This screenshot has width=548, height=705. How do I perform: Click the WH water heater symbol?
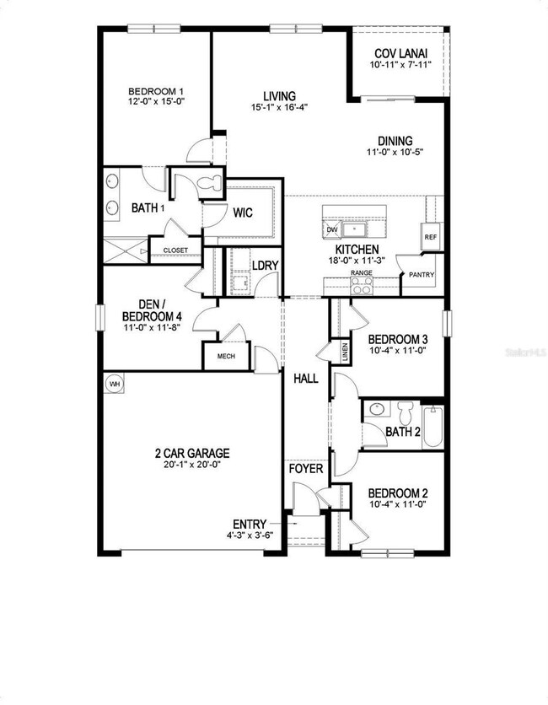(114, 384)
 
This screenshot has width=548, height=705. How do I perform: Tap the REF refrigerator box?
(430, 237)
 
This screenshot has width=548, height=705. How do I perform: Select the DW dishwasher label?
(331, 229)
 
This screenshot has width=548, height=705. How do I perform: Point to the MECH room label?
(226, 356)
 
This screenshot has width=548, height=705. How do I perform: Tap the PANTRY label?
(421, 275)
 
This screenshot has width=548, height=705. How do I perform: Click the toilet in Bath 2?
(405, 413)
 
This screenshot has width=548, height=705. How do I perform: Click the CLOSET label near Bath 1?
(175, 250)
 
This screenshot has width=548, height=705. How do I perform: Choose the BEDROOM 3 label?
(401, 339)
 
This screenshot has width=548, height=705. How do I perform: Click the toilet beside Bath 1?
(207, 182)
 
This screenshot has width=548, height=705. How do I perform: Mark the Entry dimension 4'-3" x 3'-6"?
(253, 535)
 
